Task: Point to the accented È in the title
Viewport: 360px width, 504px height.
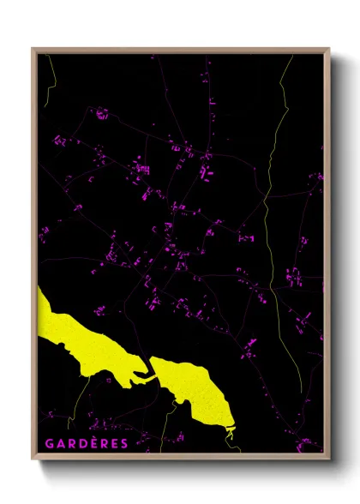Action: pyautogui.click(x=92, y=443)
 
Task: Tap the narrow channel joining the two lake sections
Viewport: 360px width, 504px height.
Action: pyautogui.click(x=147, y=371)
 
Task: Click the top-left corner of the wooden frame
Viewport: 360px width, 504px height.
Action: pyautogui.click(x=33, y=49)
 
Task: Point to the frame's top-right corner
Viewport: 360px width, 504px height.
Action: pyautogui.click(x=328, y=49)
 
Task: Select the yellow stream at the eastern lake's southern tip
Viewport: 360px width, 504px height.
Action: pyautogui.click(x=230, y=435)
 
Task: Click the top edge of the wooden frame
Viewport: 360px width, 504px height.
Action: pyautogui.click(x=180, y=50)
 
